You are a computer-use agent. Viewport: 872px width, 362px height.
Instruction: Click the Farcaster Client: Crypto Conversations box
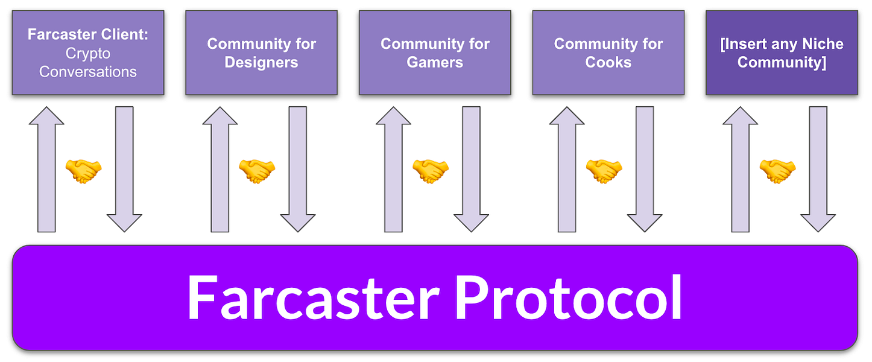point(88,52)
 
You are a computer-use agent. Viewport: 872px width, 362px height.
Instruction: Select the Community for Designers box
point(261,52)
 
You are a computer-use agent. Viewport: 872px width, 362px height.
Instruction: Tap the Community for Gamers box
point(435,52)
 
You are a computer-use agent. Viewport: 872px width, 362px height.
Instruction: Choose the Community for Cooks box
point(608,52)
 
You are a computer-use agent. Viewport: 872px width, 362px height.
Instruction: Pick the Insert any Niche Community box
point(782,52)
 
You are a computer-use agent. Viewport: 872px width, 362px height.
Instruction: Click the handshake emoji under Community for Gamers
point(430,171)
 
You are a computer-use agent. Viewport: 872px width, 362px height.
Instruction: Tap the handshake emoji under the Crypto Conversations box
point(83,171)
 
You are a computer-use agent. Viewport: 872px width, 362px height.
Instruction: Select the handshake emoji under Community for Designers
point(256,171)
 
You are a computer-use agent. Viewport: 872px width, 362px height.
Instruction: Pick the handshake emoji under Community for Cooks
point(604,171)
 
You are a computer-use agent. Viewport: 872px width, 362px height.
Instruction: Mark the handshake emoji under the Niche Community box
point(777,171)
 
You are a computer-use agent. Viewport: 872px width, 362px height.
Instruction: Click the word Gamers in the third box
point(435,62)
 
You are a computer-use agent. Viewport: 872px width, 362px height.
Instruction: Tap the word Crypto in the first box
point(88,53)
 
